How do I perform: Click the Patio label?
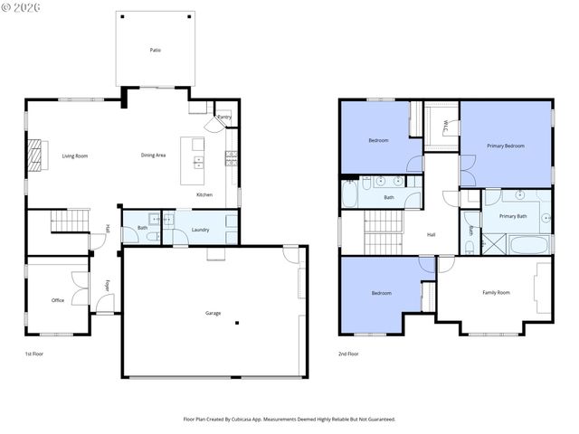pos(156,50)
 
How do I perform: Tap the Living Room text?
pos(75,156)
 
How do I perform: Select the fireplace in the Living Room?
pos(35,155)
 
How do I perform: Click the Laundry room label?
pos(201,230)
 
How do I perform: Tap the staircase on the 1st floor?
pos(69,219)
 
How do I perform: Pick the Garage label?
pos(213,313)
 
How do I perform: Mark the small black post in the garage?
pos(236,323)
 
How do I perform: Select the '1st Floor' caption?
pos(33,354)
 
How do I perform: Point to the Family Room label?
pos(496,292)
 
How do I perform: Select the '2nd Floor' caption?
pos(348,354)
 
